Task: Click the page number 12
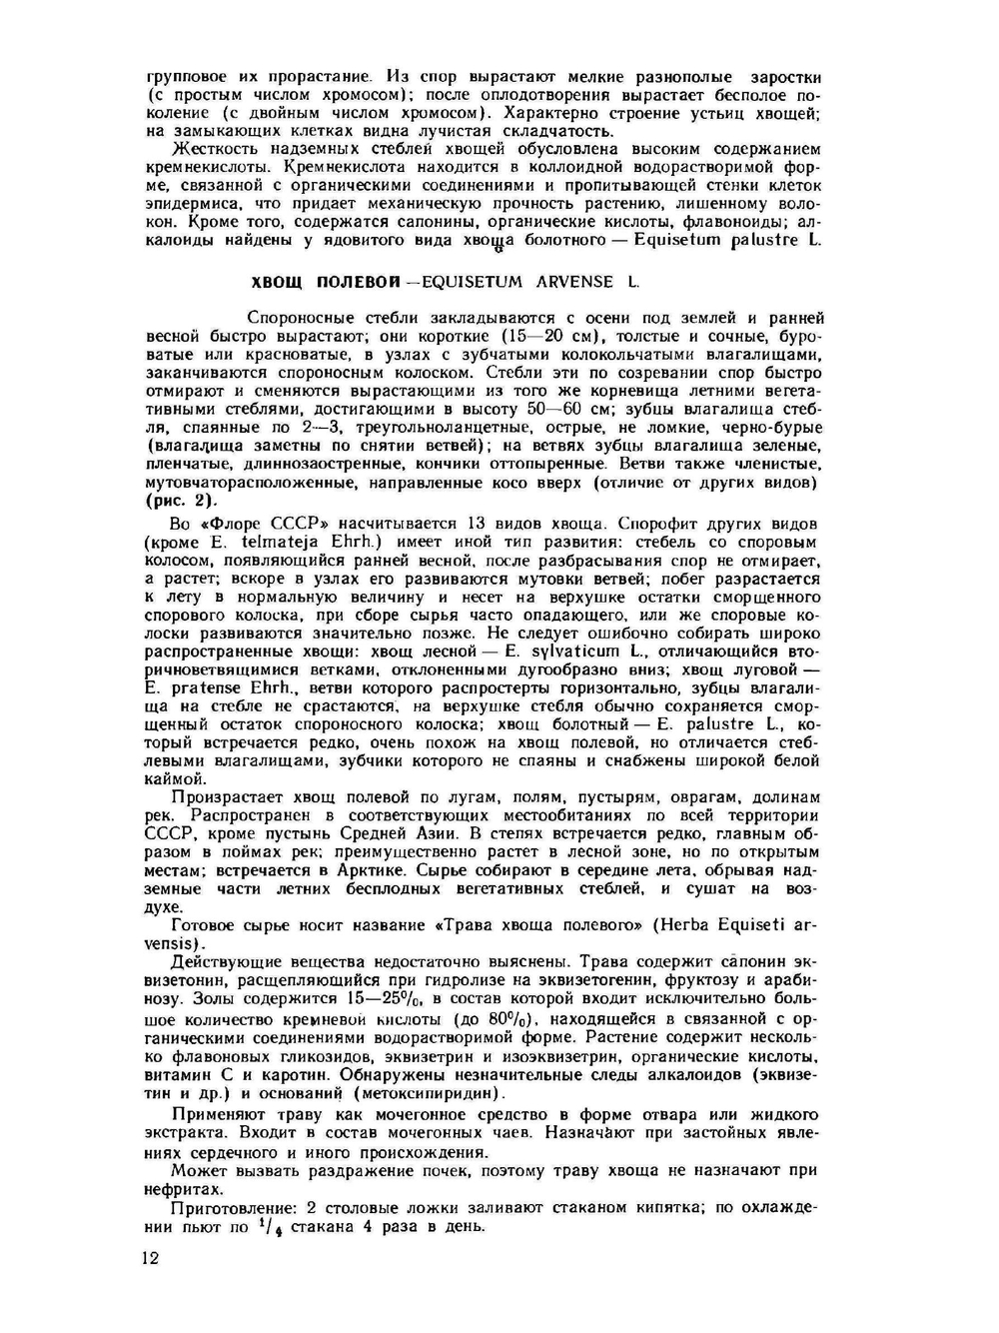151,1258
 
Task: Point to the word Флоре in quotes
235,524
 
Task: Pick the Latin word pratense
205,687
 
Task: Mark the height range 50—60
552,410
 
